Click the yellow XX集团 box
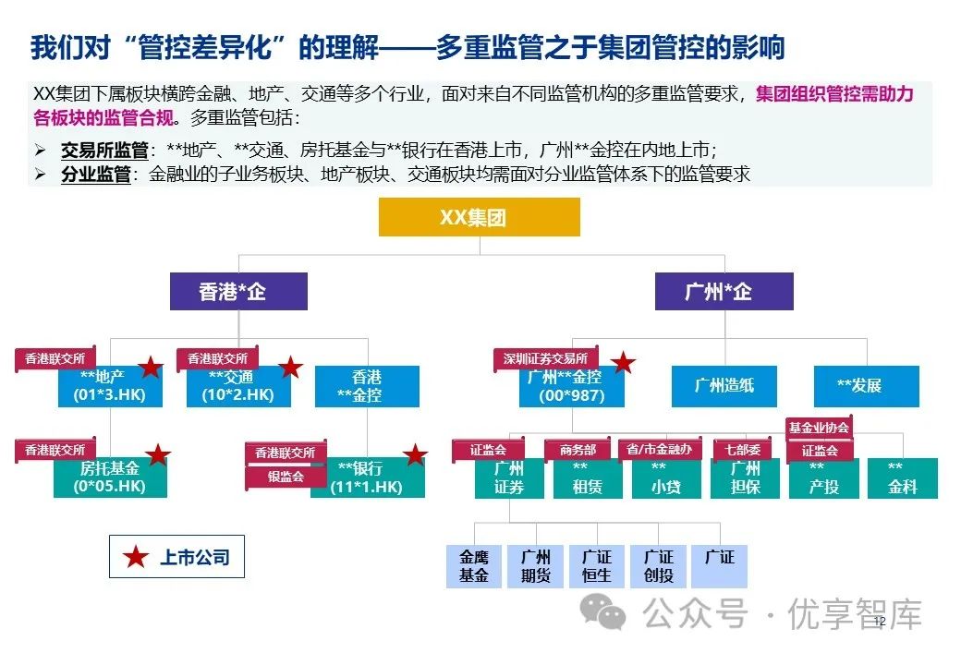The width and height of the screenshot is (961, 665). [479, 217]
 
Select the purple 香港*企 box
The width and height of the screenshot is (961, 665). [238, 292]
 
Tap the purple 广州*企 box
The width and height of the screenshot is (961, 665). [724, 292]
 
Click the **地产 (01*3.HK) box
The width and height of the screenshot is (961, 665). [109, 386]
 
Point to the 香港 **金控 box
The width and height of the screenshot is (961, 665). [367, 386]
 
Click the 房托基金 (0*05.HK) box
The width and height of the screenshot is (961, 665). [109, 478]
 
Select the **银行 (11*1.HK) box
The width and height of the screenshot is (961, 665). [367, 478]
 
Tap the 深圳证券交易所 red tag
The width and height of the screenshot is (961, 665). [546, 358]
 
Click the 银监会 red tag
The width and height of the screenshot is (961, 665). [286, 477]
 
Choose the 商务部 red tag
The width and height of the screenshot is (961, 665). [578, 450]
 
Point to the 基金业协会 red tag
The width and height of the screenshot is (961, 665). [819, 428]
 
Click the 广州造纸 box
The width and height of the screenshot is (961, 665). [724, 385]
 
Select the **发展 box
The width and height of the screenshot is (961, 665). [866, 385]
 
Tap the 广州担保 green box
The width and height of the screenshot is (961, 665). [746, 478]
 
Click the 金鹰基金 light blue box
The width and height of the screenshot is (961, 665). [474, 566]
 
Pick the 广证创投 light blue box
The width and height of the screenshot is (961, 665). [659, 566]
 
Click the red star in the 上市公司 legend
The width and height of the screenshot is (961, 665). [137, 557]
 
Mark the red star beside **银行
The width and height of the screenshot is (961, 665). [416, 455]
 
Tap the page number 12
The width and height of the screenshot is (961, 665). [879, 622]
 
